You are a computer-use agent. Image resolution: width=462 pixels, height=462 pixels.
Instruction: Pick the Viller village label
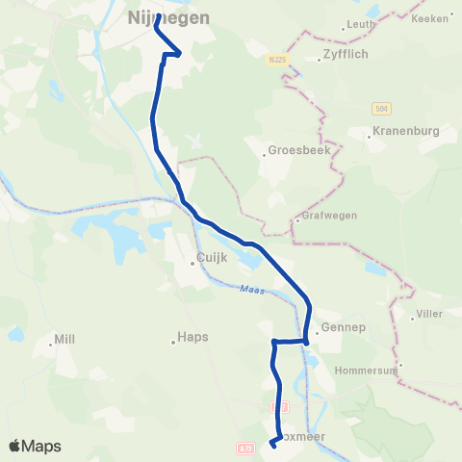click(428, 315)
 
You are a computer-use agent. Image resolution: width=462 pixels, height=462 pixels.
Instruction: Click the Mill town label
click(64, 340)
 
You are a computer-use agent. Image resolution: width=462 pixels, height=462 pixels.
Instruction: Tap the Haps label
click(192, 338)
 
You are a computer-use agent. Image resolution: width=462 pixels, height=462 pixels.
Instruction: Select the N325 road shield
click(275, 60)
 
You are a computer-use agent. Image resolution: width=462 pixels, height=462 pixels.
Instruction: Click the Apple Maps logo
click(34, 446)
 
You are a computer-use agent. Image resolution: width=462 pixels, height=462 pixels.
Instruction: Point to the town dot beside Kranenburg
click(369, 137)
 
